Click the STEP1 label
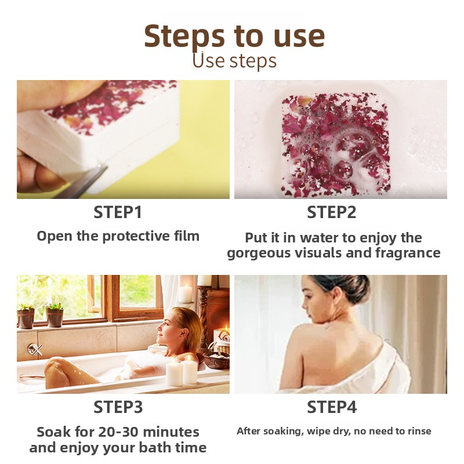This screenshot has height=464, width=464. pos(118,212)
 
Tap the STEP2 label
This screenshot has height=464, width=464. pos(331,212)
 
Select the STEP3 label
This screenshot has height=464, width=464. pos(118,407)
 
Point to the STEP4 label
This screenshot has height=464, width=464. pos(332,407)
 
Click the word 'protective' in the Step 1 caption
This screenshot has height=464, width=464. pos(136,237)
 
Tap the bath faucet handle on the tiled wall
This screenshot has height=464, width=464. pos(35,350)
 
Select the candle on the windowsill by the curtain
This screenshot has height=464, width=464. pos(186,294)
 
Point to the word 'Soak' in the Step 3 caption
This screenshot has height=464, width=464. pos(53,432)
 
